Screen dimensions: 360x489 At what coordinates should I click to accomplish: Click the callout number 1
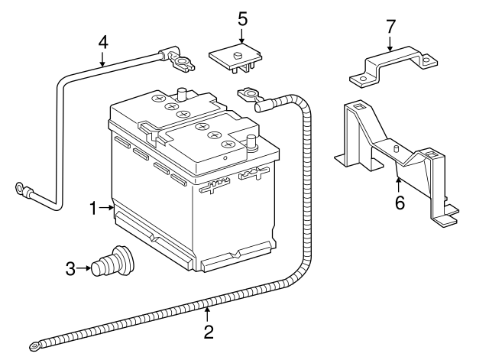93,207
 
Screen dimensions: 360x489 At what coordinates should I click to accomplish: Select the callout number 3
70,268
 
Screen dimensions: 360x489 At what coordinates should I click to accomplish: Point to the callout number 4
102,42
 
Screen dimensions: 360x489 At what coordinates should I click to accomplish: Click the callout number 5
242,17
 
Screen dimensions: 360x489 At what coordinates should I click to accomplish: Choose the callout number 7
390,27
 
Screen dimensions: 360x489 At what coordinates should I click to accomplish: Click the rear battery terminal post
183,96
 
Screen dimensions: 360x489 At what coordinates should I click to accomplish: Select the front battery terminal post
251,142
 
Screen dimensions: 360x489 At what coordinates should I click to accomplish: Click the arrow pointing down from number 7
390,44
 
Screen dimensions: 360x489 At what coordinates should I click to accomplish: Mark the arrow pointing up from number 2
207,313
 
